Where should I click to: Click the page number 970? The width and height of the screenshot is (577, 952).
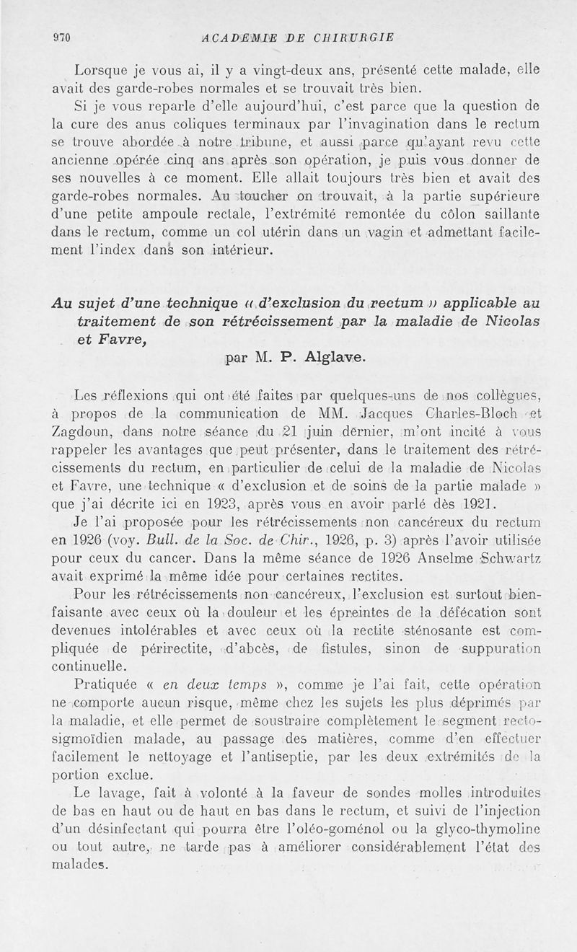tap(59, 38)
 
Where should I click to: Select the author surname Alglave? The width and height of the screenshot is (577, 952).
tap(333, 357)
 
